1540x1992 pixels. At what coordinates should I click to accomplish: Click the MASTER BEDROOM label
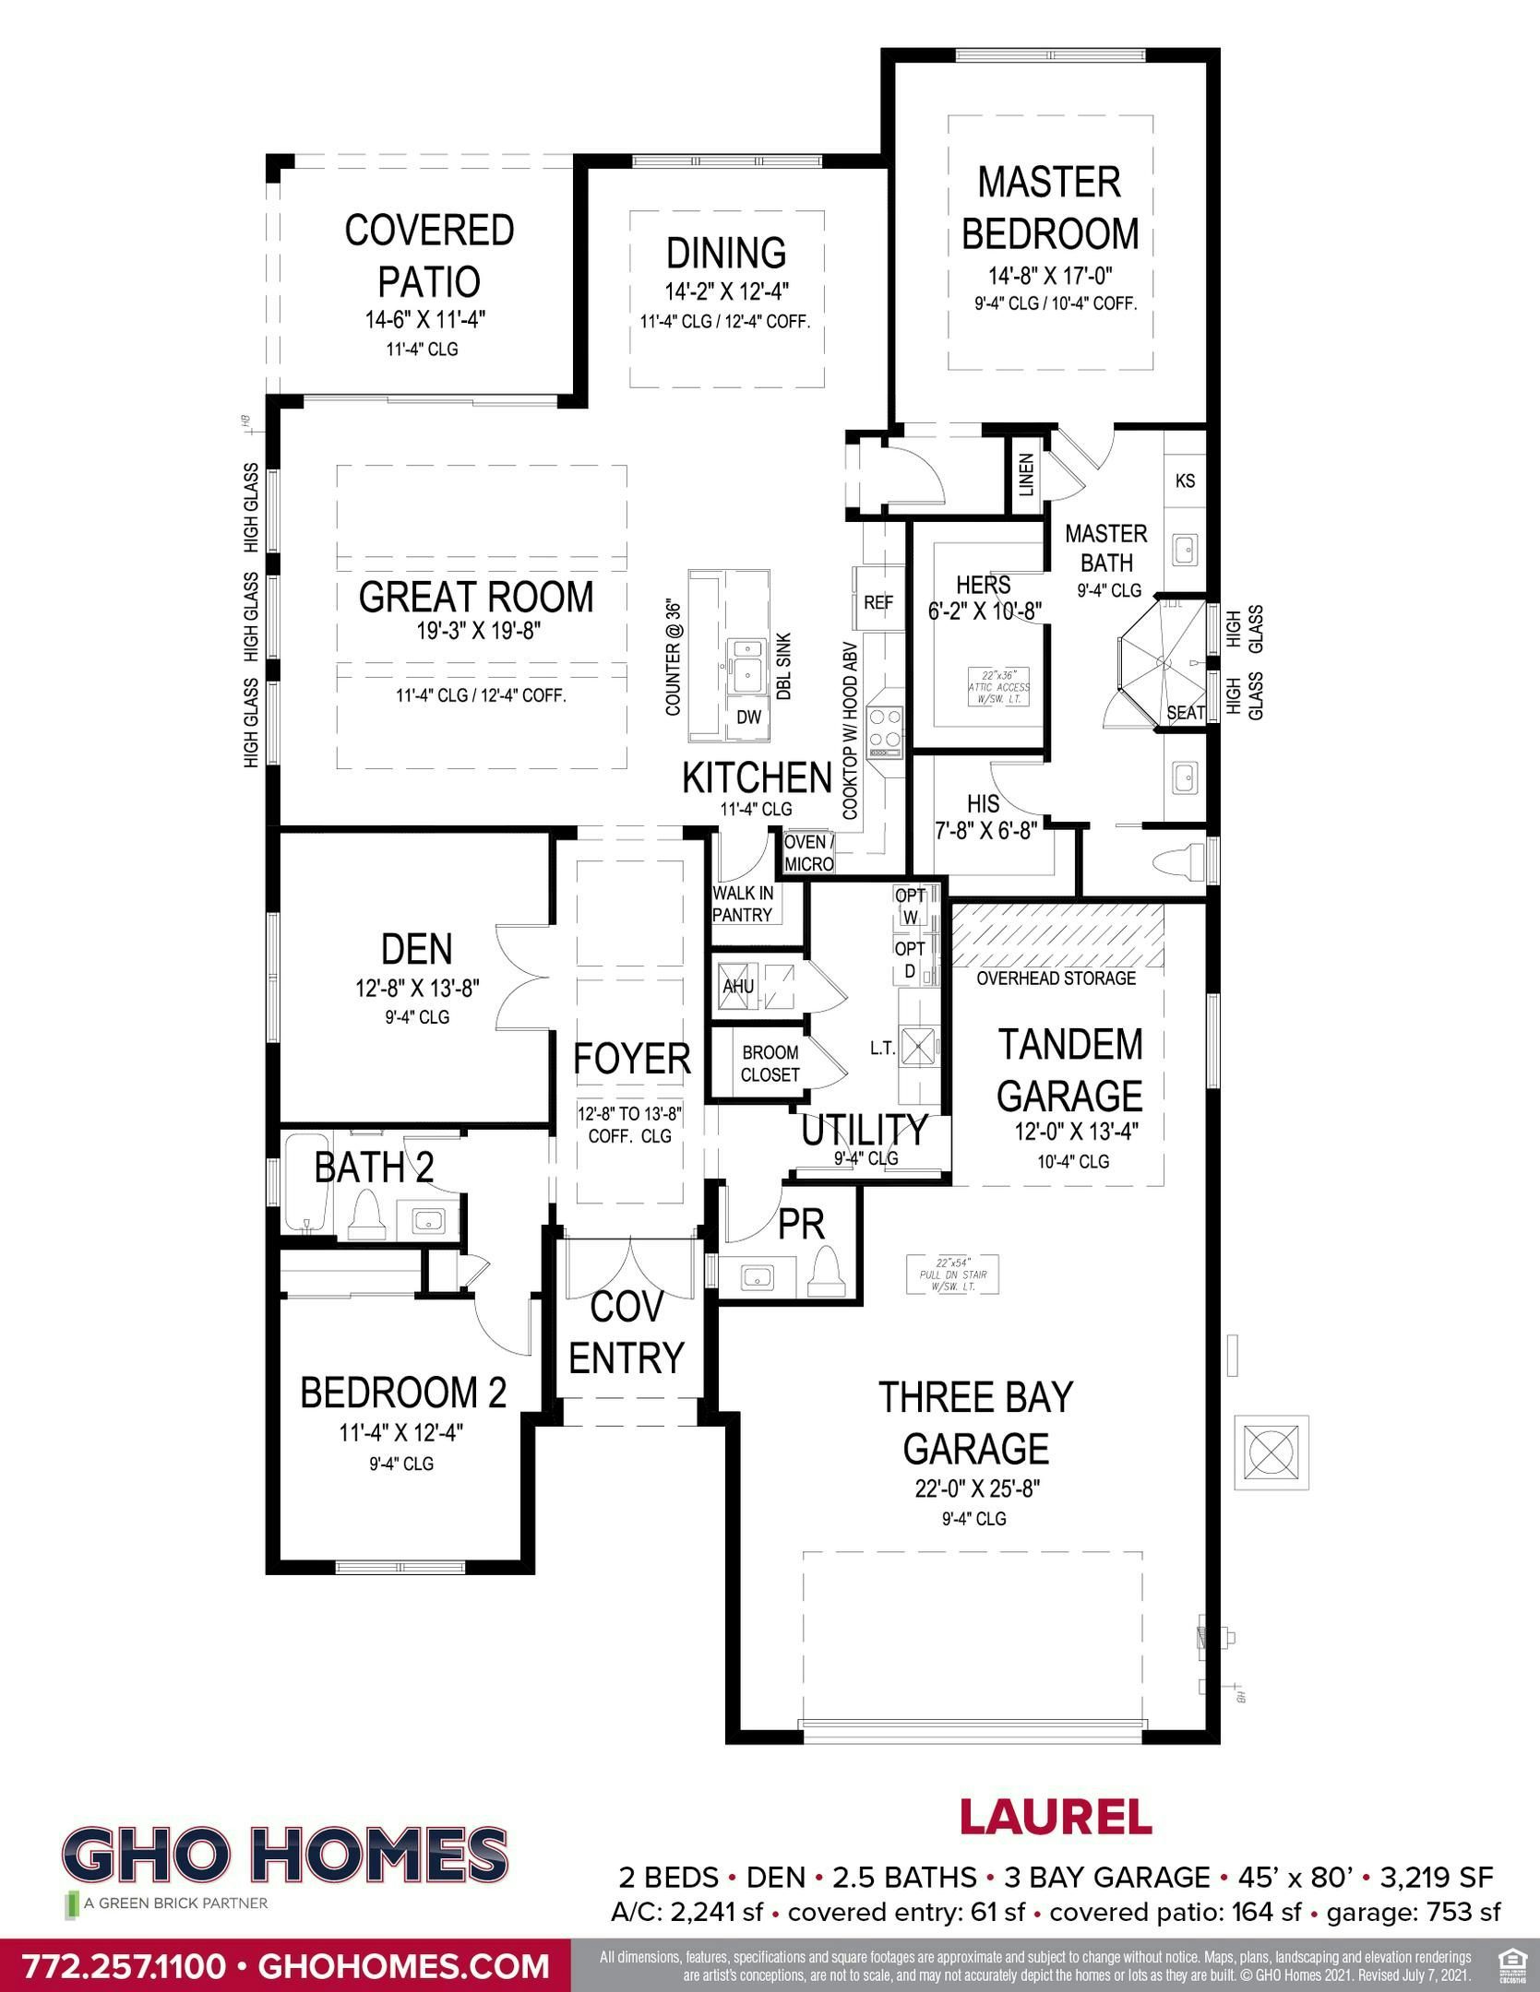pos(1050,207)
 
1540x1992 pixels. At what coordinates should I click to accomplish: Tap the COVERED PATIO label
pos(429,255)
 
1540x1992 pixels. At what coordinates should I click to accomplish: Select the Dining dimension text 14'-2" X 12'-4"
pos(727,292)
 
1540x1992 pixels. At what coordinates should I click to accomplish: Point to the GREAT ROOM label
pos(476,597)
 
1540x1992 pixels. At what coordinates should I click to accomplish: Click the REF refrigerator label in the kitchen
pos(878,603)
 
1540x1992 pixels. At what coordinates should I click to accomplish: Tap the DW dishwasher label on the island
pos(749,717)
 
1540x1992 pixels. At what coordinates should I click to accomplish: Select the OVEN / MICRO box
pos(809,853)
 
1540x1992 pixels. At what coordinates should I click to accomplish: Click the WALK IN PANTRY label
pos(743,904)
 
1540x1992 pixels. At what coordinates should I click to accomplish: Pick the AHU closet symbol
pos(738,987)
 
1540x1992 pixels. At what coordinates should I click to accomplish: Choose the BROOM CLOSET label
pos(770,1063)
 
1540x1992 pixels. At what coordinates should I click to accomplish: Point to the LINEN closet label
pos(1026,474)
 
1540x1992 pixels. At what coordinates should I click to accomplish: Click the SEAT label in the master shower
pos(1186,713)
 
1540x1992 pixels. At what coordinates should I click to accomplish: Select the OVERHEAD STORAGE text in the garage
pos(1056,978)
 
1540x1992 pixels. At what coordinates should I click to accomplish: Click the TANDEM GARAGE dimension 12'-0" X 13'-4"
pos(1076,1132)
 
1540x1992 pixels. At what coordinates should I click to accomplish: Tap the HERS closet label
pos(983,585)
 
